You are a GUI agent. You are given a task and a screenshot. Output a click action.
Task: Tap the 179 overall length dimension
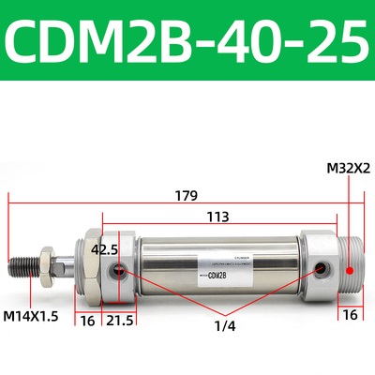[x=185, y=197]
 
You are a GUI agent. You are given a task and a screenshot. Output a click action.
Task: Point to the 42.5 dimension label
[x=104, y=250]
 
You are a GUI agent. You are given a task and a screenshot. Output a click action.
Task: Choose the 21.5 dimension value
[x=118, y=320]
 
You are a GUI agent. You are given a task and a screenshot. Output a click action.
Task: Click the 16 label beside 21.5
[x=87, y=320]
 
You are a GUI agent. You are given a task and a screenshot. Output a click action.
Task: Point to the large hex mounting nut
[x=85, y=265]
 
